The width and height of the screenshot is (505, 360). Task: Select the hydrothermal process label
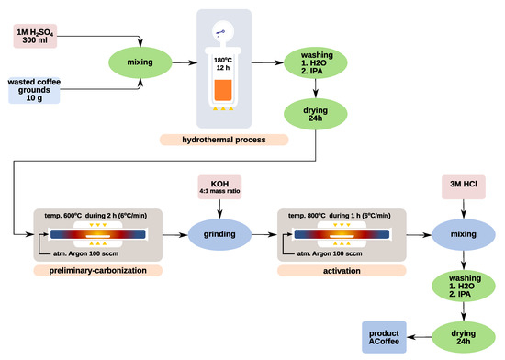[x=223, y=140]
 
